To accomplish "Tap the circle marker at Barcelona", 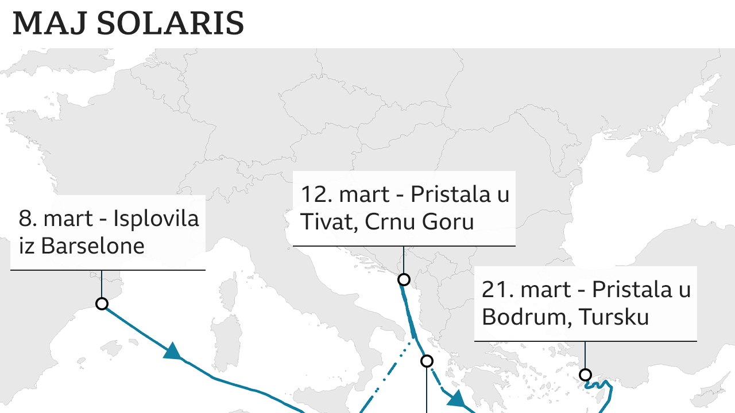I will coord(102,303).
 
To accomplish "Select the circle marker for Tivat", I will coord(404,279).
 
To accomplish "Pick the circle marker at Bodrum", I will coord(585,375).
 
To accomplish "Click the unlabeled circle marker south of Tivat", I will coord(427,361).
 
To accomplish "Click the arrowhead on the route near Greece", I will coord(456,398).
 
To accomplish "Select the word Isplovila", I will coord(156,219).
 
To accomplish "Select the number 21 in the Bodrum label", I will coord(494,290).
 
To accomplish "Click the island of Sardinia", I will coord(225,333).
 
